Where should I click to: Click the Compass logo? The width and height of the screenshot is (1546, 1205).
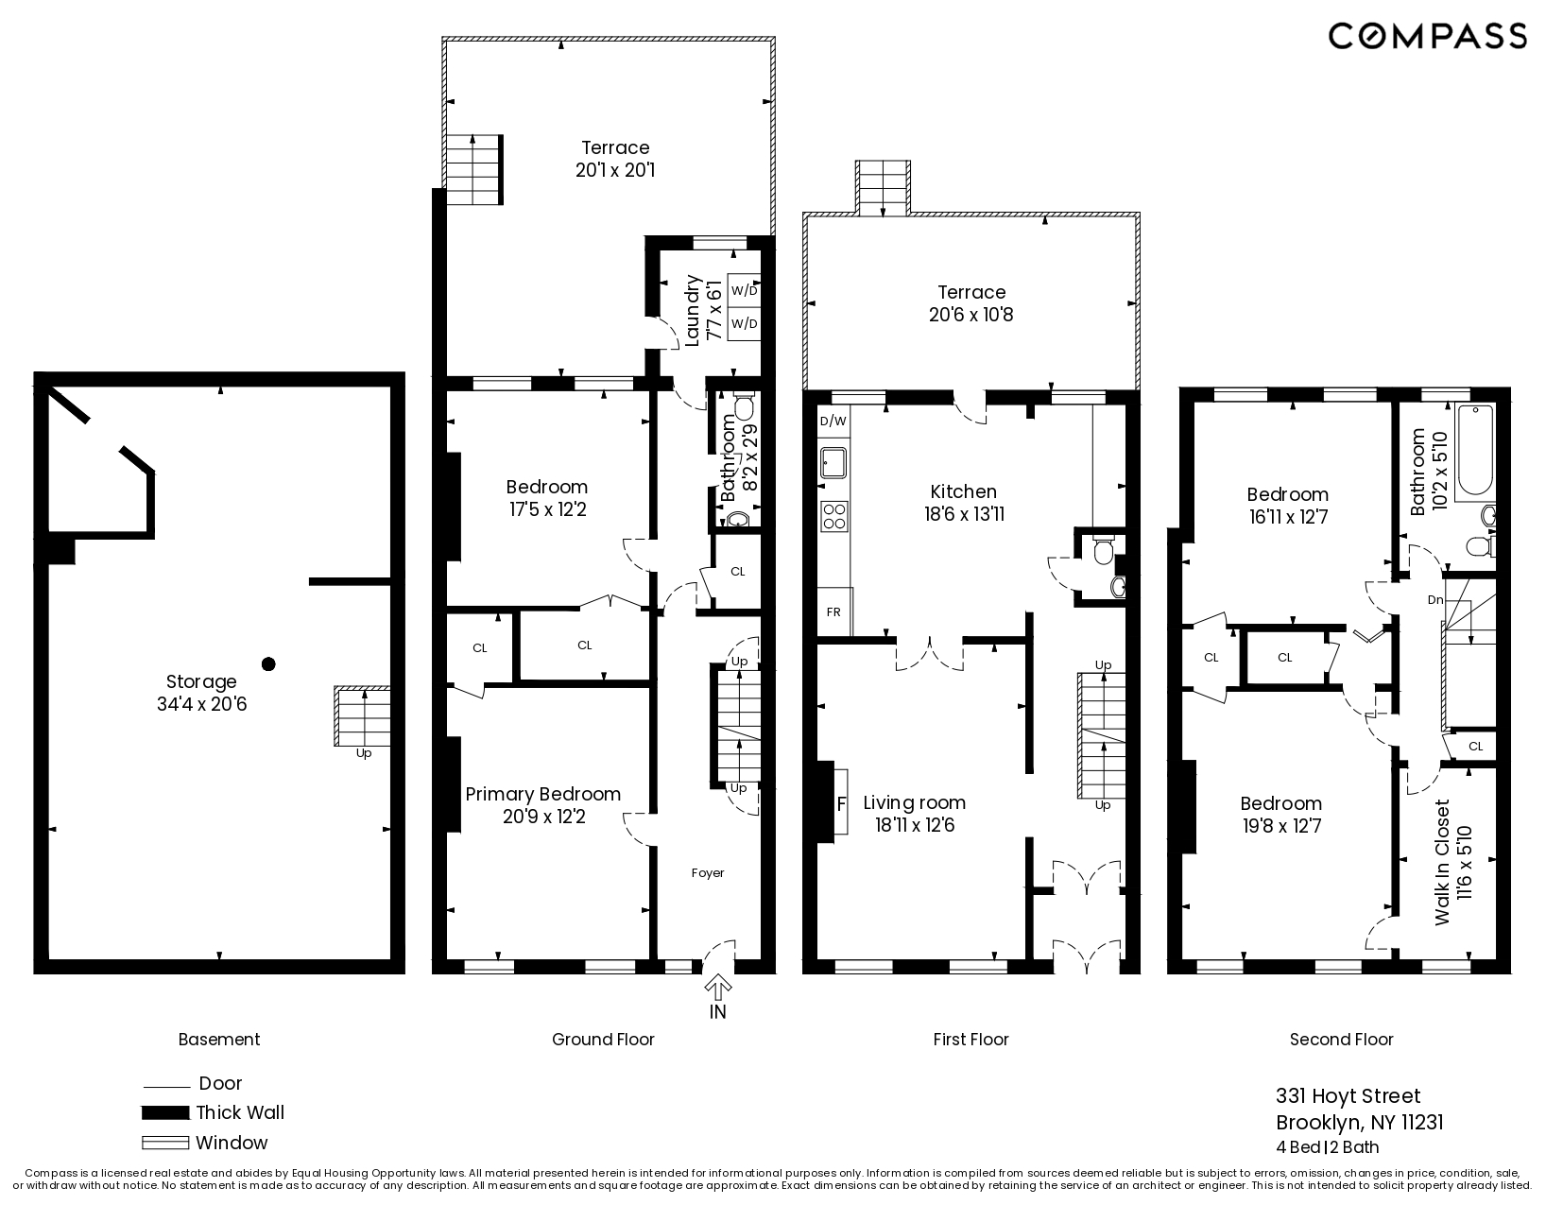[1427, 36]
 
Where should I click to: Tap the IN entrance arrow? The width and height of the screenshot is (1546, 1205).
[718, 990]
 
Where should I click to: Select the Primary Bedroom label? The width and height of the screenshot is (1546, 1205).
[543, 795]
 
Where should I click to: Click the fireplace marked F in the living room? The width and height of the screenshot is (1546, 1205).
[839, 804]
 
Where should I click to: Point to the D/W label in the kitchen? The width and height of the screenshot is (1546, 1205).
[833, 422]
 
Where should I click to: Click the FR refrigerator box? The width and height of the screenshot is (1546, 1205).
[834, 611]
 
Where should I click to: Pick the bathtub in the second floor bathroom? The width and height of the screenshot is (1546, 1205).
[1474, 452]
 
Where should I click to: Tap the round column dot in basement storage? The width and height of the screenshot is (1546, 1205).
[268, 664]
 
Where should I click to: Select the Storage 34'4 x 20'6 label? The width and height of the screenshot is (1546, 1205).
[201, 693]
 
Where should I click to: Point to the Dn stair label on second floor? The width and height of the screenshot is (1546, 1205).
[1434, 600]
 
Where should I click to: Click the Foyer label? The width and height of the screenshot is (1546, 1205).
[708, 873]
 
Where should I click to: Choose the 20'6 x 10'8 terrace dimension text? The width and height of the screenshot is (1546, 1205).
[971, 315]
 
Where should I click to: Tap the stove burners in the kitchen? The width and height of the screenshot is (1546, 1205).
[834, 516]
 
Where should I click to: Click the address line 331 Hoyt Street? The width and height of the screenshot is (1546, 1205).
[1348, 1096]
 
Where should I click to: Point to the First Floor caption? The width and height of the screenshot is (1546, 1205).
[971, 1040]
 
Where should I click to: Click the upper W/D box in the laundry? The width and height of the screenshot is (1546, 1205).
[745, 290]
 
